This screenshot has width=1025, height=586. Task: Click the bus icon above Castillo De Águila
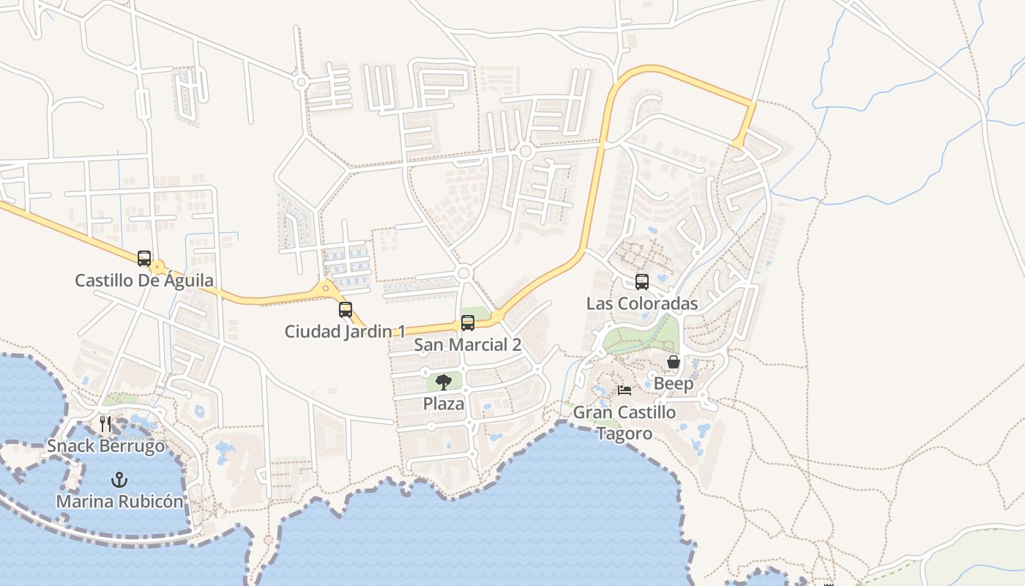[144, 259]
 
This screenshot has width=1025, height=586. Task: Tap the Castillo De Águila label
[144, 281]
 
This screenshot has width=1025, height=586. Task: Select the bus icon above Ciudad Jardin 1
[346, 310]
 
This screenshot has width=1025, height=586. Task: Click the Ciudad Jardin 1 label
[345, 332]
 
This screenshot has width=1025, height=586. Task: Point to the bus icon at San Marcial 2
[467, 323]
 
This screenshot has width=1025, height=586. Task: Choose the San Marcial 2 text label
[467, 345]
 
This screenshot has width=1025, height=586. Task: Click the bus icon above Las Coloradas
[642, 282]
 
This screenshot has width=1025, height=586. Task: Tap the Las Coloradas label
[642, 304]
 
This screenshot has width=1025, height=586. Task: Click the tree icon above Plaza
[444, 382]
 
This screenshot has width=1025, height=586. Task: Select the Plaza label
[444, 404]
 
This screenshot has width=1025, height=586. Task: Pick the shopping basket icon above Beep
[674, 362]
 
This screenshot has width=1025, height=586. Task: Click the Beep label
[674, 384]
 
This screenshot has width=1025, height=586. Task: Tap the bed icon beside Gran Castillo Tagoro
[625, 390]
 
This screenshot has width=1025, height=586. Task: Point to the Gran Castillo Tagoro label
[625, 423]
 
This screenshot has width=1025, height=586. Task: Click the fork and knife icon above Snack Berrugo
[106, 423]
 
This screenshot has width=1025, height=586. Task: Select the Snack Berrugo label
[106, 446]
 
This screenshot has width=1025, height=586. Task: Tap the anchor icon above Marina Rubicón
[119, 480]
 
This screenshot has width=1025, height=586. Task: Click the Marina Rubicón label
[120, 502]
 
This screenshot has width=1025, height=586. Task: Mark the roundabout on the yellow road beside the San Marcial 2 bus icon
[497, 316]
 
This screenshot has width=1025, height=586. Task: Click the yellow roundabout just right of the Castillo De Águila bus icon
[158, 267]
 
